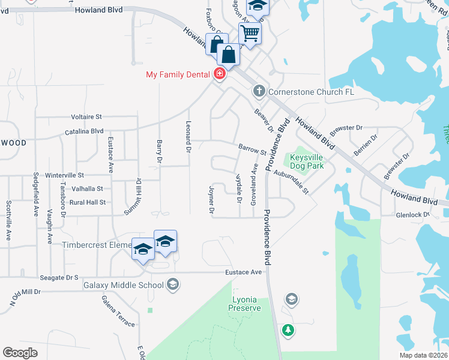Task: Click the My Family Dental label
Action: pos(178,74)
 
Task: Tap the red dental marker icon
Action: pos(220,74)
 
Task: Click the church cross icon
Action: pos(259,92)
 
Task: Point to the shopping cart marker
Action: pos(250,33)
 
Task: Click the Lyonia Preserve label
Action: pos(245,304)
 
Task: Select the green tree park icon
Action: pos(288,330)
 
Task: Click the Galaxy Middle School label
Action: pos(124,285)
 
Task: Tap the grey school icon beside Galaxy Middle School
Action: pos(173,284)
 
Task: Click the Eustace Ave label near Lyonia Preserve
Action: pos(244,272)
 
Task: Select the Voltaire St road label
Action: pos(86,116)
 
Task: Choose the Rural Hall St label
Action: pos(88,203)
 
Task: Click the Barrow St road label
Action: pos(252,148)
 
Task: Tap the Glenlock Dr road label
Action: pos(413,214)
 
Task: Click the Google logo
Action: pos(20,352)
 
